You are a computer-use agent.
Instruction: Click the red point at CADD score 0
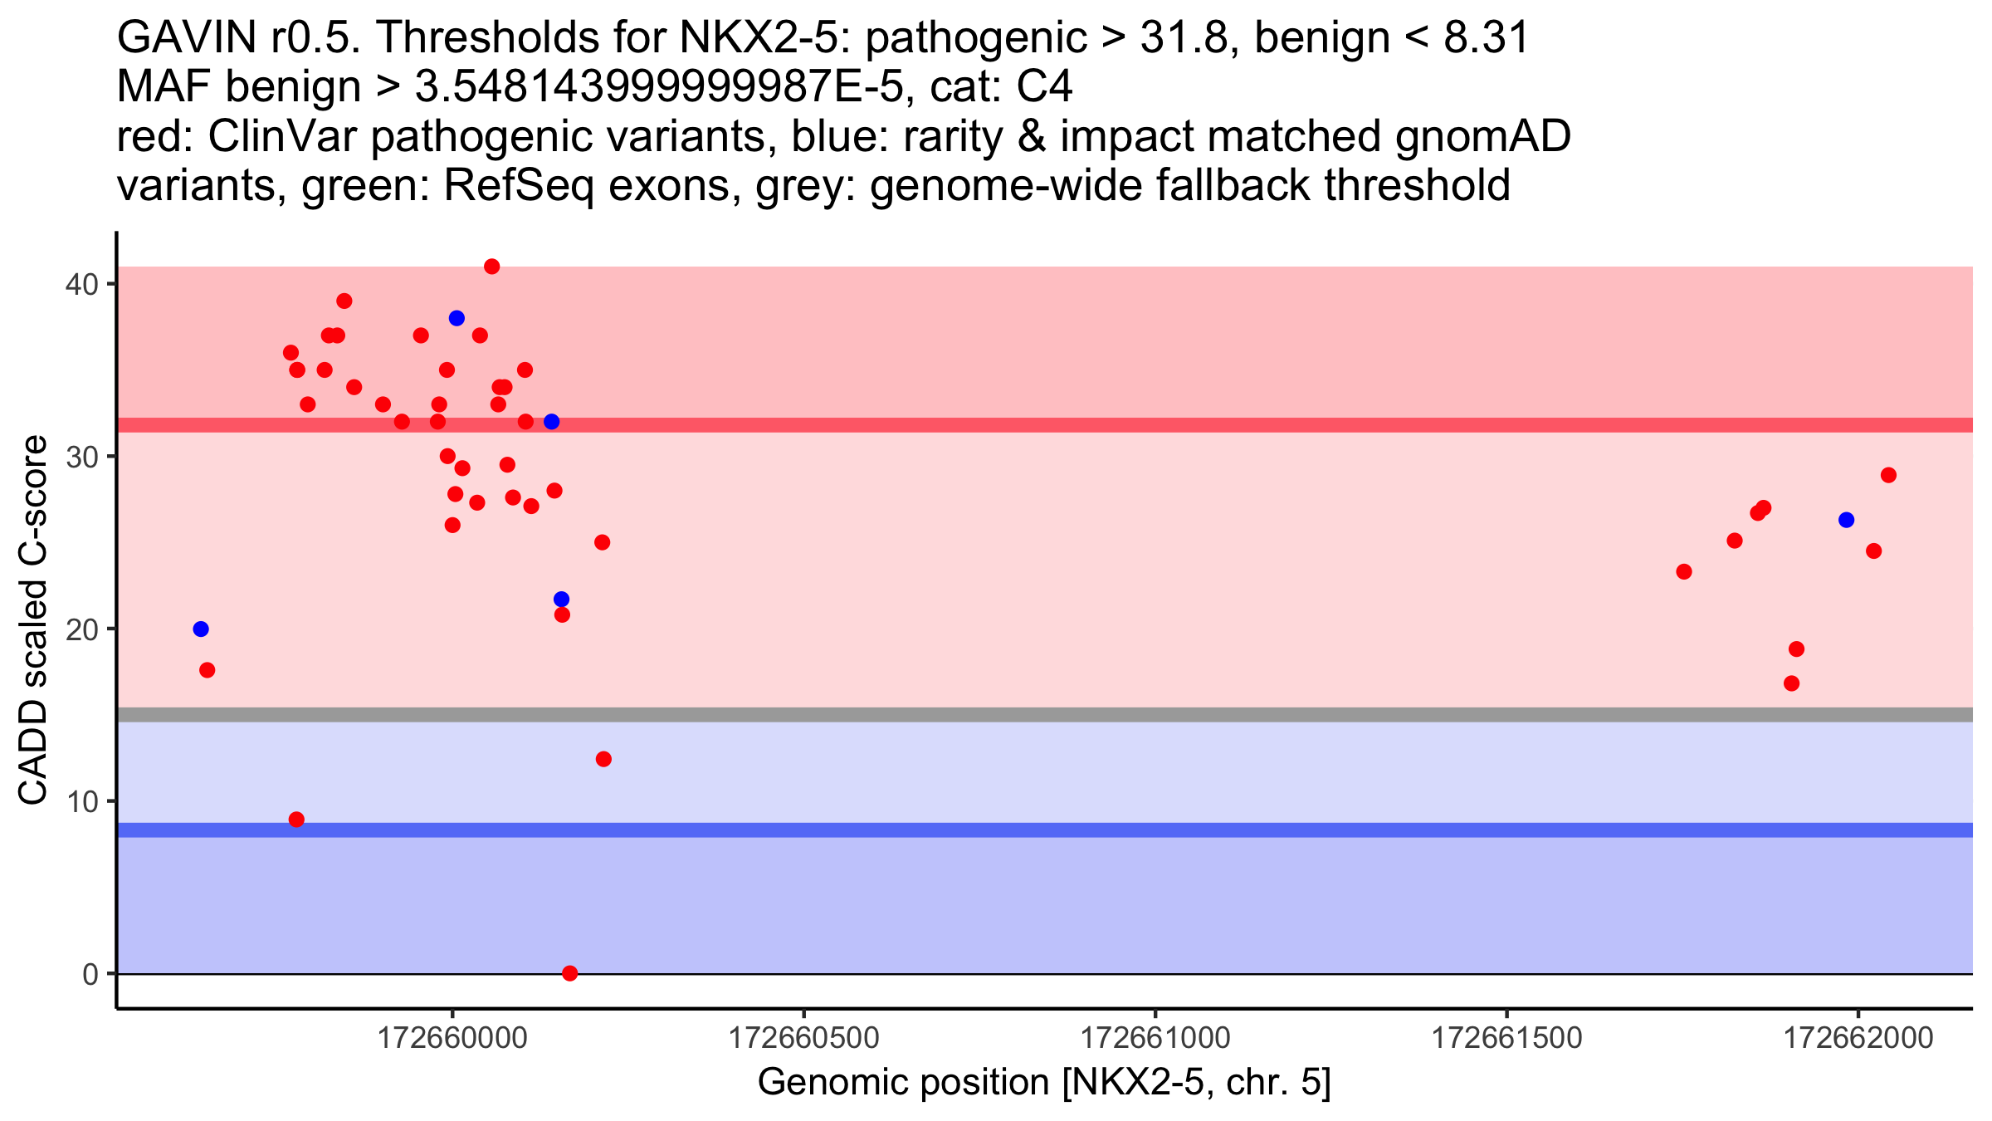click(569, 973)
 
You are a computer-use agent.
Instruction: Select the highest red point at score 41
click(491, 267)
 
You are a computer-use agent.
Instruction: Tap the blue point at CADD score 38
click(456, 318)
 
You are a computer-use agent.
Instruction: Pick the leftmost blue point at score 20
click(201, 629)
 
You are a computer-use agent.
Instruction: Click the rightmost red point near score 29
click(1888, 475)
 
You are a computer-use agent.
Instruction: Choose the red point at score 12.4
click(603, 759)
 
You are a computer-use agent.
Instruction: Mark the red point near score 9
click(296, 820)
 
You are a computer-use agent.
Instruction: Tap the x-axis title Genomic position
click(905, 1083)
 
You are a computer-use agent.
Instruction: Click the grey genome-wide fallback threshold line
click(1045, 714)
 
